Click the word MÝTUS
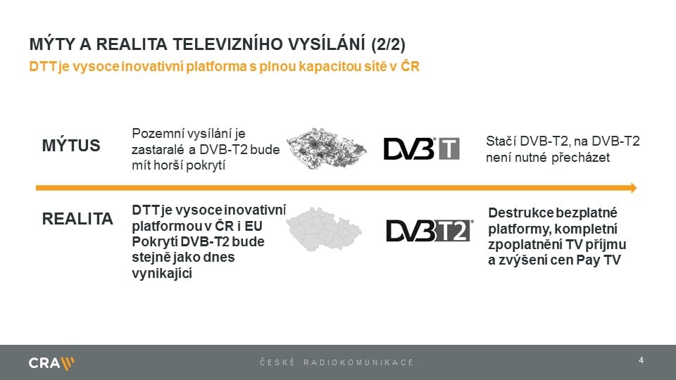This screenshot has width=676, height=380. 72,146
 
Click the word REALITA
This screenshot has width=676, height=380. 78,219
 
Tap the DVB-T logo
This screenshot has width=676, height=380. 421,148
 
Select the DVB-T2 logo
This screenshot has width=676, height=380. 429,230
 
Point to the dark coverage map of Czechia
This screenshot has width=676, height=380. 327,150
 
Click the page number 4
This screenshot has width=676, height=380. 641,360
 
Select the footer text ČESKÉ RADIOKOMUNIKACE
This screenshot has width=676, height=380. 337,362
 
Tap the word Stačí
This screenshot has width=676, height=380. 501,141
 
